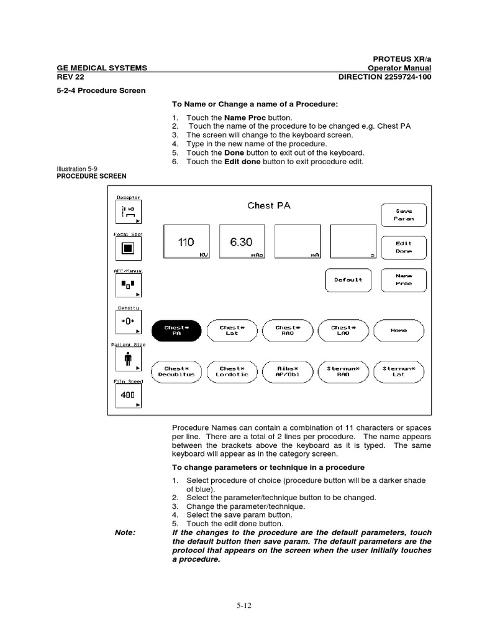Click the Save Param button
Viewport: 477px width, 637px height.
click(x=404, y=215)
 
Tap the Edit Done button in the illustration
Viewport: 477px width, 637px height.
click(x=404, y=247)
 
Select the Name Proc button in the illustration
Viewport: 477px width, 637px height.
click(x=404, y=279)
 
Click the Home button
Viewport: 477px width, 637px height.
click(x=398, y=331)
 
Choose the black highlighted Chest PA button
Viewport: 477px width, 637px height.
click(x=176, y=331)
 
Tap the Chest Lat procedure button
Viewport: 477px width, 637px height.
click(x=231, y=331)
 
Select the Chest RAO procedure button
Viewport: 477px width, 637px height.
click(x=286, y=331)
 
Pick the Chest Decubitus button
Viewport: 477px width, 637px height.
click(x=176, y=371)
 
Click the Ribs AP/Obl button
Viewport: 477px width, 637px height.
click(x=286, y=371)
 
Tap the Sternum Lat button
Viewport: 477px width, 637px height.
click(x=398, y=371)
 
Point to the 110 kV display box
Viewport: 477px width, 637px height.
click(x=186, y=242)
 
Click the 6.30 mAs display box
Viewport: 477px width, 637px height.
click(x=242, y=242)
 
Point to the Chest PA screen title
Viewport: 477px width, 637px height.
click(x=269, y=205)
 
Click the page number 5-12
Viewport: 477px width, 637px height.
click(x=238, y=604)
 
